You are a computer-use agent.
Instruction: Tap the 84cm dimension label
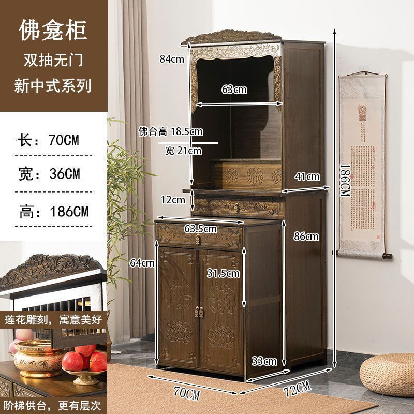[172, 59]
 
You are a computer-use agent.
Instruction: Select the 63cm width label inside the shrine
[234, 90]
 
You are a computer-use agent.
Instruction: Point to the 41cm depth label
[307, 176]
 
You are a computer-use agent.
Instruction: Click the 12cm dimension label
[172, 199]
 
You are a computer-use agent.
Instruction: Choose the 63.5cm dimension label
[200, 228]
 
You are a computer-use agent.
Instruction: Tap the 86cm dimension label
[305, 236]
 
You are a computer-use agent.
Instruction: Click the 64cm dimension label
[142, 262]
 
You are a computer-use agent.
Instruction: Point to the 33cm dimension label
[264, 361]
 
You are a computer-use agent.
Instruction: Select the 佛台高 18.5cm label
[170, 132]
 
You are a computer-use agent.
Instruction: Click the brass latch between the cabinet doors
[199, 313]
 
